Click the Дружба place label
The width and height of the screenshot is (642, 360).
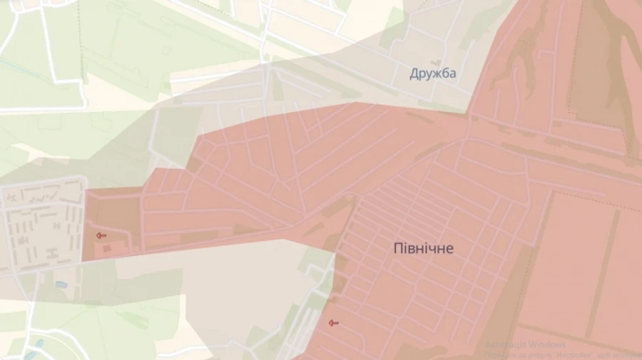point(433,73)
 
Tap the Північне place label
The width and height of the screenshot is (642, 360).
point(423,249)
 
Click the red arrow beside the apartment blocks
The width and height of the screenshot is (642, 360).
point(101,235)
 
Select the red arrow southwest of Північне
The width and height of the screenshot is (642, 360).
point(332,323)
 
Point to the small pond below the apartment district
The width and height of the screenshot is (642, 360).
point(61,284)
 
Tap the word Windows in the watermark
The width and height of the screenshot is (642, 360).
point(566,344)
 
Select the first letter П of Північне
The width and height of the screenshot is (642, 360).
point(397,249)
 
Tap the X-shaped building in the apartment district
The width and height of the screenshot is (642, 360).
point(52,253)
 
